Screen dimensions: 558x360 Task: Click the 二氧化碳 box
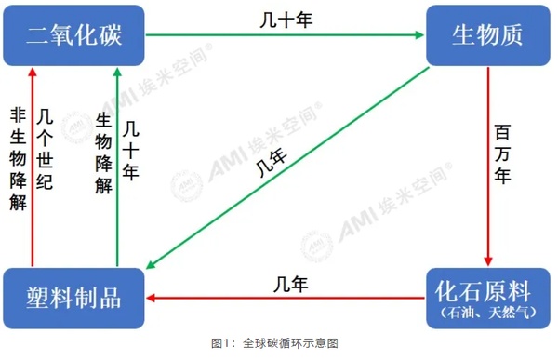pyautogui.click(x=75, y=35)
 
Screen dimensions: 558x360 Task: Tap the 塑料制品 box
pyautogui.click(x=75, y=298)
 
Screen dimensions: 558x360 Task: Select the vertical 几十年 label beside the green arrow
pyautogui.click(x=131, y=149)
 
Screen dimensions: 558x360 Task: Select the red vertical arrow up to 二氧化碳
pyautogui.click(x=32, y=167)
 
